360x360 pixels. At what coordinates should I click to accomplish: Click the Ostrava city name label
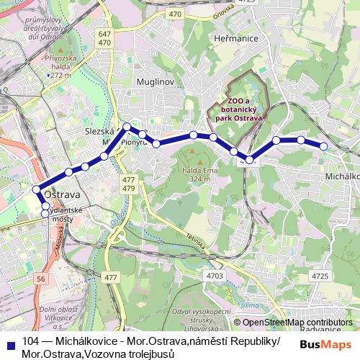tap(62, 195)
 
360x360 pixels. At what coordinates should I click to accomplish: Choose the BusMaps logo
tap(325, 344)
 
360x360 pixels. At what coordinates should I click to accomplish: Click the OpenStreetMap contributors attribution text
tap(297, 323)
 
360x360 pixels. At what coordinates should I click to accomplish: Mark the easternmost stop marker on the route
tap(324, 146)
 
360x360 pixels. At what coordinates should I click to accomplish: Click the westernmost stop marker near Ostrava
tap(36, 190)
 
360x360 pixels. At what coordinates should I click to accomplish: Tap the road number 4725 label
tap(321, 276)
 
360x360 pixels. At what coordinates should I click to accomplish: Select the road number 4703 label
tap(214, 275)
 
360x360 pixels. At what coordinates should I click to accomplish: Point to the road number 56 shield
tap(41, 278)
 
